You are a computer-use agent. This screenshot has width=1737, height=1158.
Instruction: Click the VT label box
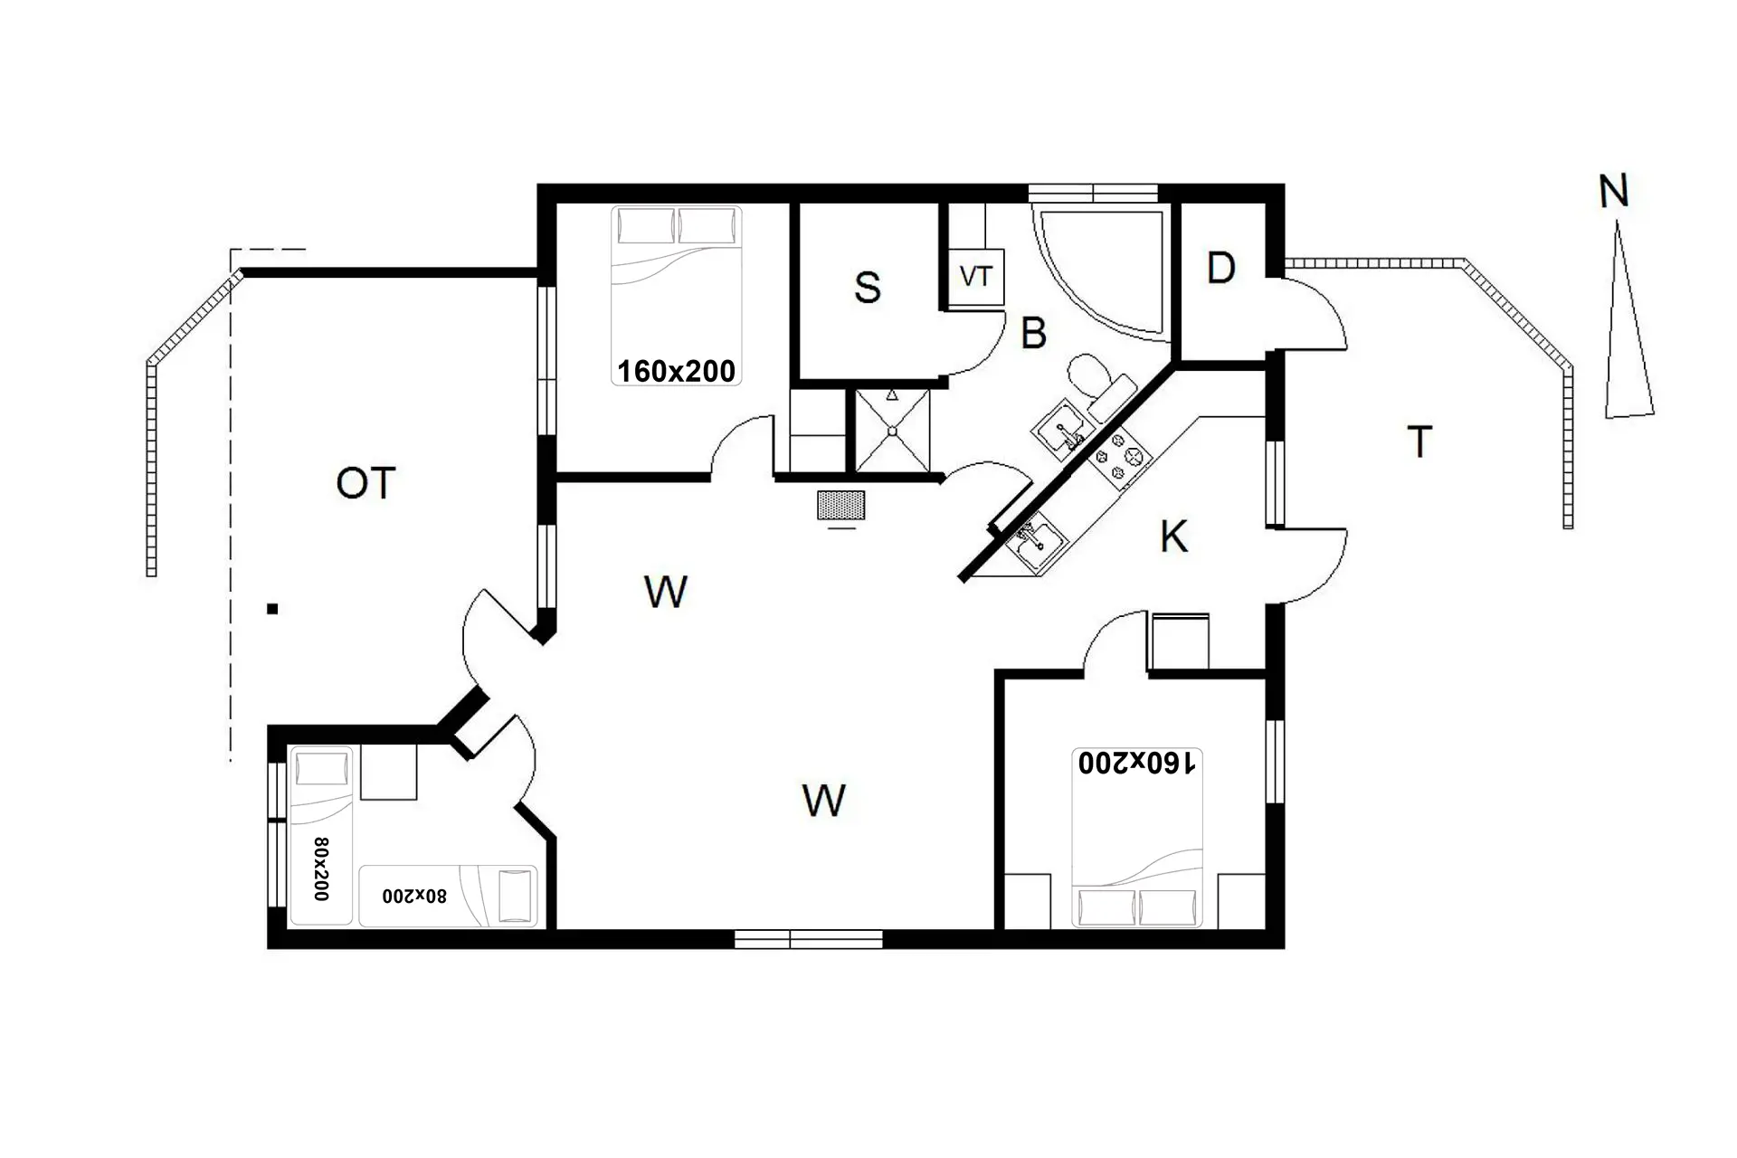click(x=976, y=277)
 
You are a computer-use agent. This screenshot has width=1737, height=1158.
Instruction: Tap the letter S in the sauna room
click(x=867, y=288)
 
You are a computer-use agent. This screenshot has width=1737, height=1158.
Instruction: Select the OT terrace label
click(x=365, y=483)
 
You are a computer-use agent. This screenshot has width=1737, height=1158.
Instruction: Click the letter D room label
click(x=1220, y=268)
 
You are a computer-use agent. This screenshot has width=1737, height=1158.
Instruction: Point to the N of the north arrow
click(x=1614, y=191)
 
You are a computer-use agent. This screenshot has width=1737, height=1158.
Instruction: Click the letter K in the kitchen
click(x=1173, y=536)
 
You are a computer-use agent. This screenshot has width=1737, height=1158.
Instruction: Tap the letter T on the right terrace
click(x=1419, y=441)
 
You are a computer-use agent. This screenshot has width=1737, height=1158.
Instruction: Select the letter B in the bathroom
click(x=1033, y=333)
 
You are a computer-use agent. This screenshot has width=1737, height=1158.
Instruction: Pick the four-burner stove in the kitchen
click(x=1119, y=457)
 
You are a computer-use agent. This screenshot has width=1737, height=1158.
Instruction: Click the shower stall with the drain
click(x=892, y=431)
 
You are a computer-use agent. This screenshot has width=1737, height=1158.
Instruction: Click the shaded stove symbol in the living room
click(x=840, y=505)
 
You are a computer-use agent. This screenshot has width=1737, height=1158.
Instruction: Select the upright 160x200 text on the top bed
click(x=676, y=371)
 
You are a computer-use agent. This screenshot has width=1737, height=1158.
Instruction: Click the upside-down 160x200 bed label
click(x=1136, y=763)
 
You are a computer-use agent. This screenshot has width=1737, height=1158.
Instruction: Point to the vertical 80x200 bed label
click(x=321, y=868)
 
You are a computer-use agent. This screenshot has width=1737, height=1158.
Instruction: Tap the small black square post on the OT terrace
click(x=272, y=609)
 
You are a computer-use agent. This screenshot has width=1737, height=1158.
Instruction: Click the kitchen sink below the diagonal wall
click(x=1037, y=541)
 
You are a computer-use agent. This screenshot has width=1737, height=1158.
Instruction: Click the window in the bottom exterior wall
click(x=808, y=939)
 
